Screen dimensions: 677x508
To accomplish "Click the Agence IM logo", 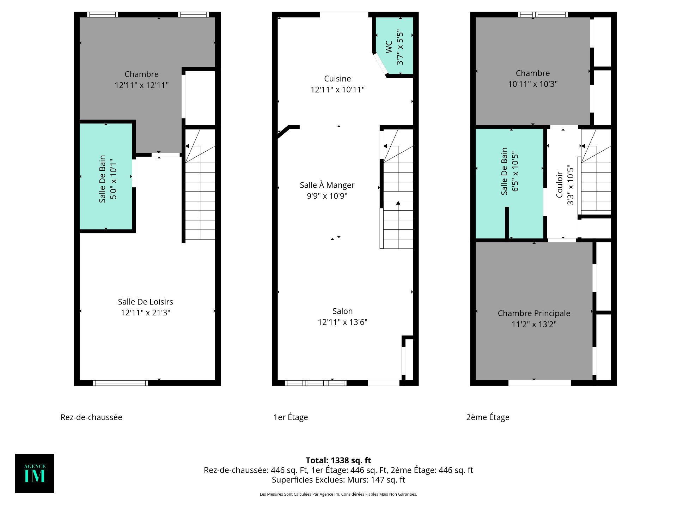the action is (35, 473).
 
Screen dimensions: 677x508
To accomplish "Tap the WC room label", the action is (389, 47).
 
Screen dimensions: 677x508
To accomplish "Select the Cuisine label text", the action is (337, 79).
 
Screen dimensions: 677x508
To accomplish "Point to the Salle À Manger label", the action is (327, 185).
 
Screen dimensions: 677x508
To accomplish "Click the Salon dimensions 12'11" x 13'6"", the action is (342, 322).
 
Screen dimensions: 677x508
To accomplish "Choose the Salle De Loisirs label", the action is (145, 302).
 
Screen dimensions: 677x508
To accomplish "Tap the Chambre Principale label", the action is (534, 313).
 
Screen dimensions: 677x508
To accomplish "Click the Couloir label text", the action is (559, 185).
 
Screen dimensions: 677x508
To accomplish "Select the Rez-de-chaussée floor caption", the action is (91, 417).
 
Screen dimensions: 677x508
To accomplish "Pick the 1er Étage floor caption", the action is (291, 417).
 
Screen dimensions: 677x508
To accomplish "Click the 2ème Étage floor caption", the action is (488, 417).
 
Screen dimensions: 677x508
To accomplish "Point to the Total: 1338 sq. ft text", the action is (338, 460).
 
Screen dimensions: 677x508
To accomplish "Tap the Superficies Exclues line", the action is (338, 480).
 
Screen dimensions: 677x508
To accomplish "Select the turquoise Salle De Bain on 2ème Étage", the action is (510, 183).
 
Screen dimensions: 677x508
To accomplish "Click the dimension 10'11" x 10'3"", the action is (532, 84).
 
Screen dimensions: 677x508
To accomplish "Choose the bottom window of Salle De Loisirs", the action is (120, 383).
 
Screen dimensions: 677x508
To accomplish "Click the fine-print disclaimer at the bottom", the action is (338, 494).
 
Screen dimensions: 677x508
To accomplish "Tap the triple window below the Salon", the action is (316, 383).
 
